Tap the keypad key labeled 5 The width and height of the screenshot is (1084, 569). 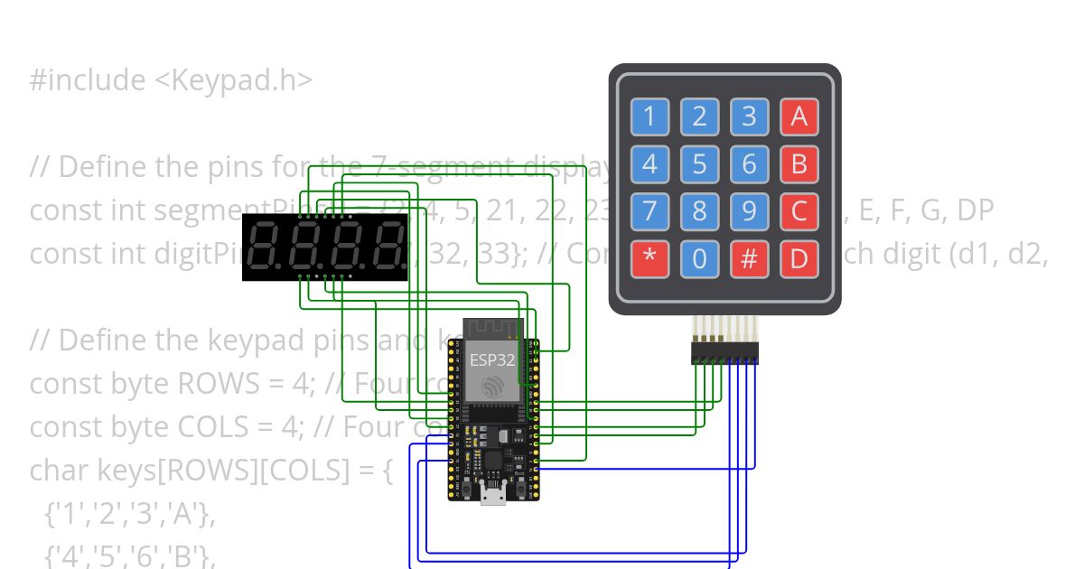[x=699, y=164]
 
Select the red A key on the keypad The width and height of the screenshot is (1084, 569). [x=799, y=117]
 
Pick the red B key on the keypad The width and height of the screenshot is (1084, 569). [x=799, y=164]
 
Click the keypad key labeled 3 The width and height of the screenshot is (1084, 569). [x=749, y=117]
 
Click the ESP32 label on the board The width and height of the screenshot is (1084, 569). [x=492, y=359]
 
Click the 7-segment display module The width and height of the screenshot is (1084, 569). [x=324, y=248]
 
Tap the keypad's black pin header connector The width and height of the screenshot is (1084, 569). [x=724, y=353]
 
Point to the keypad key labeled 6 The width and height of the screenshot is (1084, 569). [x=749, y=164]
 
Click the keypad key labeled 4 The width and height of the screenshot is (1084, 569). [x=649, y=164]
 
